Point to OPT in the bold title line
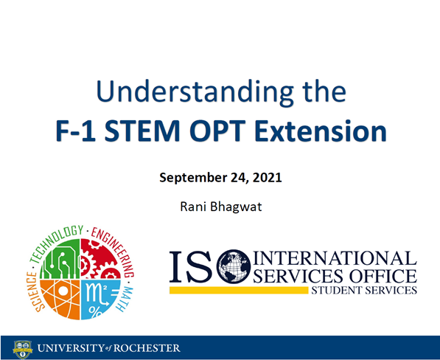point(240,132)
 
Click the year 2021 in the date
point(267,178)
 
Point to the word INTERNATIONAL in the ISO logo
point(335,258)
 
